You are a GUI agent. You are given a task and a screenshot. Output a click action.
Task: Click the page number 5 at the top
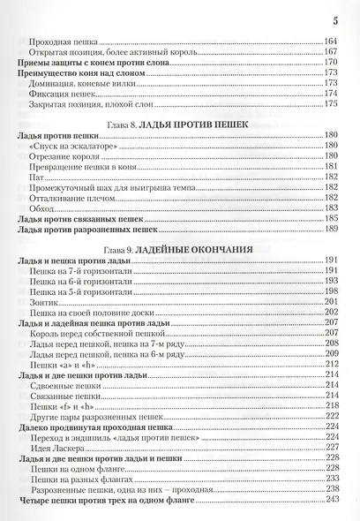pos(335,19)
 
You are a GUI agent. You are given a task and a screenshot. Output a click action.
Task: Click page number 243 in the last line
pos(332,501)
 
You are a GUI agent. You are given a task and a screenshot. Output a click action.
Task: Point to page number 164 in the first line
pos(332,42)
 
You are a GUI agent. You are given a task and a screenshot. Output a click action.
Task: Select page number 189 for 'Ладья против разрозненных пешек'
pos(332,229)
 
